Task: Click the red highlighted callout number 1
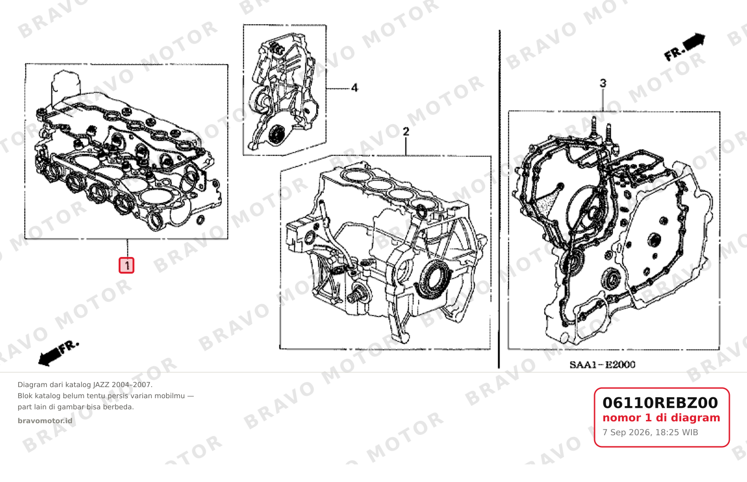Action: tap(127, 265)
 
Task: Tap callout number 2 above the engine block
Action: tap(405, 131)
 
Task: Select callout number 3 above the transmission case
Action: tap(603, 83)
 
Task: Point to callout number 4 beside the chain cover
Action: tap(355, 88)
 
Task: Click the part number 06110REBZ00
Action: tap(660, 403)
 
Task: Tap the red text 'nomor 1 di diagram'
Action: tap(661, 418)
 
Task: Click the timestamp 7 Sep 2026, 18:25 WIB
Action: tap(650, 432)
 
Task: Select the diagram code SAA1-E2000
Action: tap(602, 365)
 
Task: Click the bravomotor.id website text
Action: tap(45, 421)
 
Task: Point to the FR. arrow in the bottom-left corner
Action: tap(58, 354)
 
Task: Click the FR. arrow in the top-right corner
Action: tap(684, 47)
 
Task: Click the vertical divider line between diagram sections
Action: tap(499, 199)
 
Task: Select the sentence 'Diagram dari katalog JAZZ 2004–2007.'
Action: tap(85, 385)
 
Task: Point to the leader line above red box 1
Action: tap(127, 248)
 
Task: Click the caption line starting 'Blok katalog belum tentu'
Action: tap(106, 396)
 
